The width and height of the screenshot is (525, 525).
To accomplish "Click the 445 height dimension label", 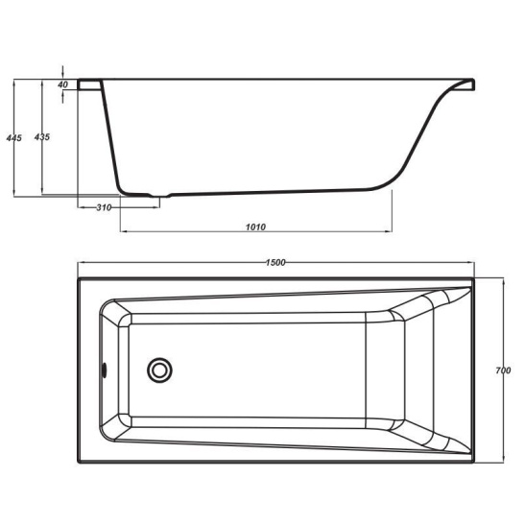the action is point(14,137).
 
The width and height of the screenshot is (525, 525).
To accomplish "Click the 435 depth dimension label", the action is point(42,136).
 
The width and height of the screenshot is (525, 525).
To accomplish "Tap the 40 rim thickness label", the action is point(62,84).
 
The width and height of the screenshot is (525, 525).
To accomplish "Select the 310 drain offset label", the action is point(104,207).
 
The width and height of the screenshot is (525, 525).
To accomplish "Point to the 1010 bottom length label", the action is point(255,227).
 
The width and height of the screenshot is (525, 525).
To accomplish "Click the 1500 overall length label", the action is point(275,263).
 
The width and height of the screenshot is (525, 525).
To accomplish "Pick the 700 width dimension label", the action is point(503,370).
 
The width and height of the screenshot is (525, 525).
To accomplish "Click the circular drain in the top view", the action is point(159,370).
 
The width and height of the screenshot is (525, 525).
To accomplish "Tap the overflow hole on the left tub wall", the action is point(104,370).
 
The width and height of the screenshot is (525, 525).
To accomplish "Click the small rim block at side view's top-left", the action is point(89,84).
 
